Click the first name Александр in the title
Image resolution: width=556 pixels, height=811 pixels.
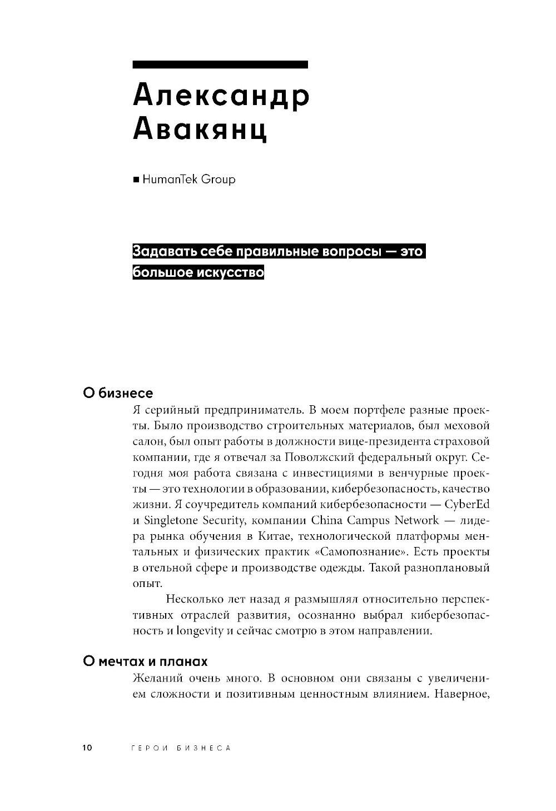click(221, 95)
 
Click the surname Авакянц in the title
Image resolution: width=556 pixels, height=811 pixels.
click(200, 128)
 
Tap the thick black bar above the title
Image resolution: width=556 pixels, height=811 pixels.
click(220, 64)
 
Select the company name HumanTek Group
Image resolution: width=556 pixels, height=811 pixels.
click(188, 180)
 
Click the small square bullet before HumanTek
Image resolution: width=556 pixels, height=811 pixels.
click(136, 180)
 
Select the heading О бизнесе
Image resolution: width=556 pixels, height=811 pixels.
click(117, 393)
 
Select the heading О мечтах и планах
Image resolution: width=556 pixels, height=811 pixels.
click(145, 661)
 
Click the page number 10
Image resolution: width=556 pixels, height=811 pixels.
click(88, 748)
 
